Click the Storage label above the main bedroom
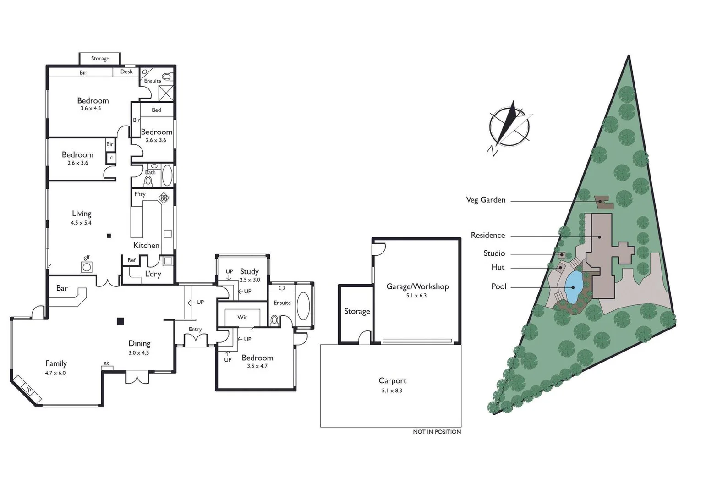[100, 58]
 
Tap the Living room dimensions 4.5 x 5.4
[81, 223]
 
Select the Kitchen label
[146, 245]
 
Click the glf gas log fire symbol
[86, 267]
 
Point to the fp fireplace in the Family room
[28, 390]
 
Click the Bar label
[62, 288]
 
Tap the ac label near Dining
[107, 363]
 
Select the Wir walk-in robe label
[242, 317]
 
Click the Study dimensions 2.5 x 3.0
[250, 280]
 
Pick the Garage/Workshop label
[417, 286]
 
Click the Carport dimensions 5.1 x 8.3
[392, 390]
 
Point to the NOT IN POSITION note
[437, 432]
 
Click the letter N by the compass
[492, 151]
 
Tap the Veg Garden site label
[486, 200]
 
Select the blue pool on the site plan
[573, 287]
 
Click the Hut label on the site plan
[498, 267]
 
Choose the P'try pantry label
[140, 194]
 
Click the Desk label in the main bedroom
[126, 71]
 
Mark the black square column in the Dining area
[120, 321]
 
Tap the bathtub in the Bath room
[167, 175]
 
